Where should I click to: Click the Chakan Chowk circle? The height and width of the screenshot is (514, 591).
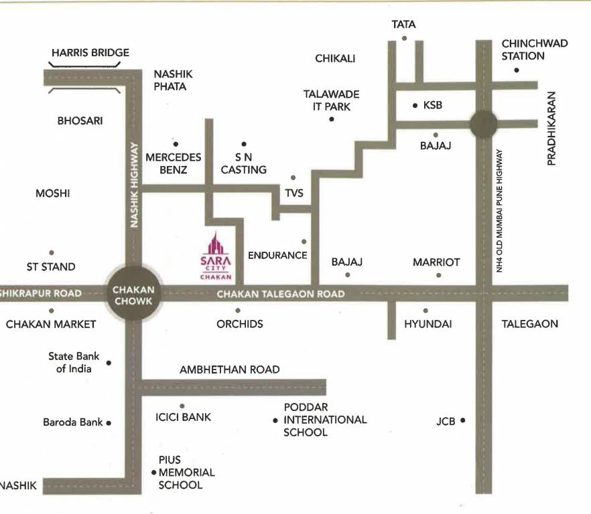tap(134, 295)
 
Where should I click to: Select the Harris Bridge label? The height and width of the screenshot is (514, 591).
tap(90, 53)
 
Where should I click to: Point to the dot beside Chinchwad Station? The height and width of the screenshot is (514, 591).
tap(517, 70)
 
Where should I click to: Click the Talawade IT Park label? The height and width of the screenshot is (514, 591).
tap(331, 100)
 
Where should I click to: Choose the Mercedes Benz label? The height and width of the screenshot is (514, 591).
tap(173, 163)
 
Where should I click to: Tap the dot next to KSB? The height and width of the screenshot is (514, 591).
tap(415, 105)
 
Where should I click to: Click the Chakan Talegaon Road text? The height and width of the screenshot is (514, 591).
tap(281, 294)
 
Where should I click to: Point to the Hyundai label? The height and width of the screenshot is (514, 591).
tap(428, 324)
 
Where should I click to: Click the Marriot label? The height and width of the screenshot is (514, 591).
tap(436, 262)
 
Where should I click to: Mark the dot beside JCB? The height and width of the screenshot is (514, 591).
tap(462, 421)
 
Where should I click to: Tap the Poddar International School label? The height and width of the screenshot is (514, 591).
tap(325, 420)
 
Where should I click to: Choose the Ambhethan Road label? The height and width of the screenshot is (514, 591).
tap(230, 369)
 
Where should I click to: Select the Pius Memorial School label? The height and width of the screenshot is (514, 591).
tap(186, 472)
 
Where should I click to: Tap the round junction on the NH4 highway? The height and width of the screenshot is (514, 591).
tap(483, 124)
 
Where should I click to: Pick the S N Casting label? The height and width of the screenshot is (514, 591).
tap(243, 163)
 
